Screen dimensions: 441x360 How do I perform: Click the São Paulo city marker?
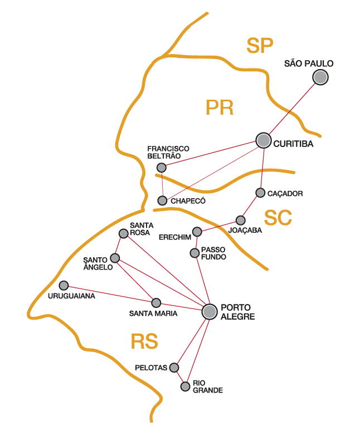tap(320, 77)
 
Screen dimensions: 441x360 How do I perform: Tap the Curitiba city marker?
tap(264, 141)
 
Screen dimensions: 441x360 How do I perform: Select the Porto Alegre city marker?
tap(210, 312)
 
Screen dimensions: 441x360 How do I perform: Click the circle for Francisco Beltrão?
tap(162, 168)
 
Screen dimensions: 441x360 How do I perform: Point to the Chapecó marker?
tap(162, 200)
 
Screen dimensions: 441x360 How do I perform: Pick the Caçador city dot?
tap(260, 193)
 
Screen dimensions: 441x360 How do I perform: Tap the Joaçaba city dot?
tap(240, 220)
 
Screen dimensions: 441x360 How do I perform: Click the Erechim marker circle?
tap(197, 232)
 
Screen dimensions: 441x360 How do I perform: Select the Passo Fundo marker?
tap(194, 253)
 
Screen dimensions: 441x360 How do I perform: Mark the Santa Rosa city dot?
tap(124, 233)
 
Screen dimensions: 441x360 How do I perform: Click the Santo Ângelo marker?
tap(115, 258)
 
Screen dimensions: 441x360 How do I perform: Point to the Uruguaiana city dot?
tap(64, 285)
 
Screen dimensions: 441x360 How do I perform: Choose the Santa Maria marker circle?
tap(156, 303)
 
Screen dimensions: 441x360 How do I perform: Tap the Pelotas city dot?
tap(174, 367)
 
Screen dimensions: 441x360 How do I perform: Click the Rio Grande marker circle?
tap(185, 386)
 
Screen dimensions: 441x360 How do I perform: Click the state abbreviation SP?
tap(260, 46)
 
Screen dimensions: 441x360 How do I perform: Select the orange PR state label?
tap(219, 107)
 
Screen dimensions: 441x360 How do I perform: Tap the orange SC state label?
tap(278, 218)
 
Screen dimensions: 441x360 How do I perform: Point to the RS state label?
tap(144, 341)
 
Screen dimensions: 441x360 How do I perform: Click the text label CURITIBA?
tap(294, 144)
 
